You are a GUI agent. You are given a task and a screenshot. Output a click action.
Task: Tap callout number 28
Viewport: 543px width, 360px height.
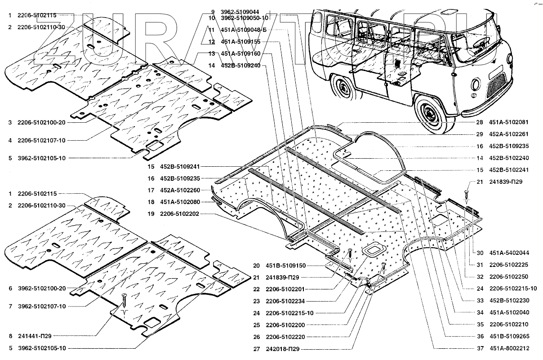pos(480,122)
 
